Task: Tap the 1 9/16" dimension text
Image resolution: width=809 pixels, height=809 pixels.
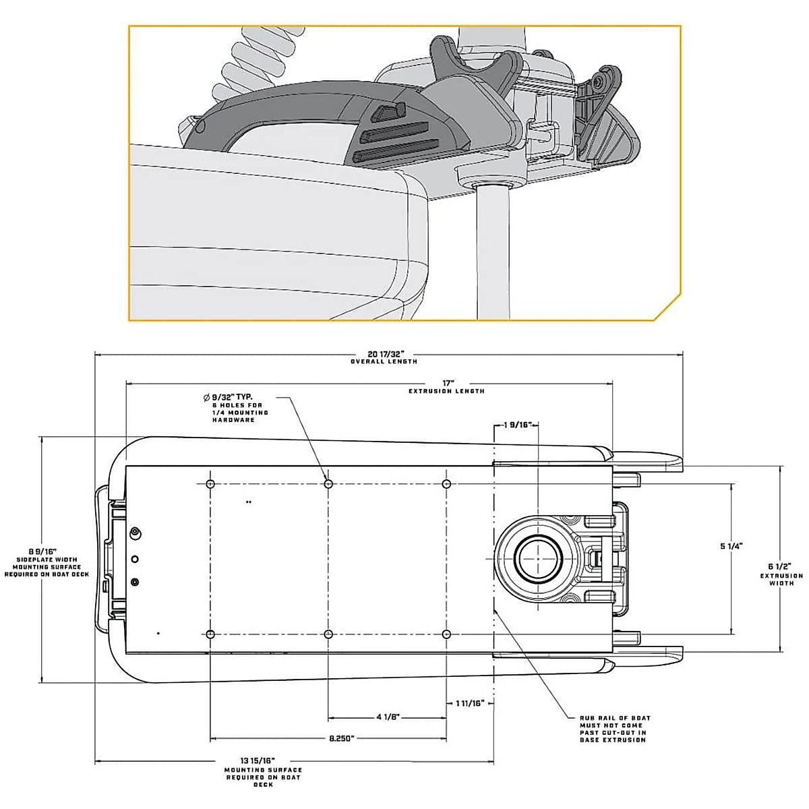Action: coord(518,425)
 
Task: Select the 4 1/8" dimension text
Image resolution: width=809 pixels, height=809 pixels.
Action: coord(387,717)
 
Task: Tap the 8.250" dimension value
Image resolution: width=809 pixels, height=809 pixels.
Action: coord(342,738)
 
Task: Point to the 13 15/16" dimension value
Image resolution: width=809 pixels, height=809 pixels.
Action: coord(263,761)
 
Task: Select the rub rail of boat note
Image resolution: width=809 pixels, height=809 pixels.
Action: coord(615,729)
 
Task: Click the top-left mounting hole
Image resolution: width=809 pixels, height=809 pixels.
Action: coord(210,484)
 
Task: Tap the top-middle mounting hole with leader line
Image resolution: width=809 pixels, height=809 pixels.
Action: coord(328,484)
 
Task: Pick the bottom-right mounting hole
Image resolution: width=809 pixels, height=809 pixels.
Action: coord(446,634)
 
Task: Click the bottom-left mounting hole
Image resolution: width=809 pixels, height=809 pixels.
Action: coord(210,634)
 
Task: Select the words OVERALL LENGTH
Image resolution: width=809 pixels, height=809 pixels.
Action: coord(384,362)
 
